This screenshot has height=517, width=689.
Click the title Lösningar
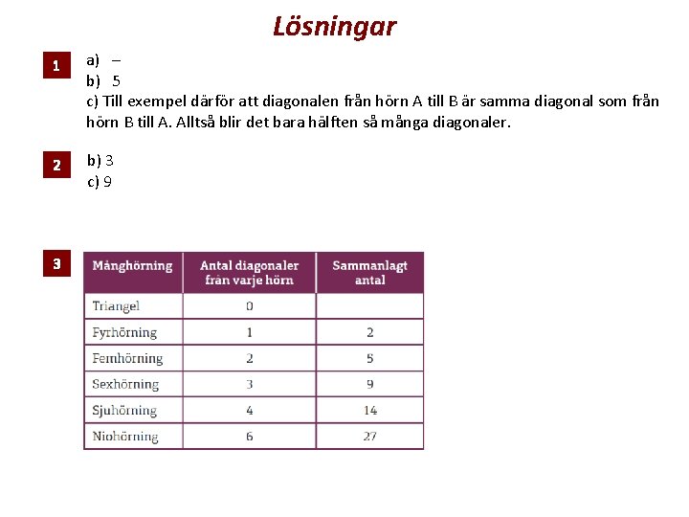(x=334, y=26)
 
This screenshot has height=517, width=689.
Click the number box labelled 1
(x=56, y=66)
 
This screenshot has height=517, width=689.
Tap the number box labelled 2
(x=56, y=166)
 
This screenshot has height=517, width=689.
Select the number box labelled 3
(x=56, y=263)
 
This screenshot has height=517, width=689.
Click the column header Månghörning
(x=132, y=265)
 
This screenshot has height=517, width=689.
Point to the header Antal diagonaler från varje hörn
(x=249, y=272)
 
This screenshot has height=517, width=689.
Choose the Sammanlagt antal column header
(x=369, y=272)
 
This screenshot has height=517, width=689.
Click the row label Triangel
(x=116, y=306)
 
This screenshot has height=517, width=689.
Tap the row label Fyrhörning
(x=124, y=332)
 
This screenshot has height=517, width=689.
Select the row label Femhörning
(x=127, y=358)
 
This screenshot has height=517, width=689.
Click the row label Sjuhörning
(x=124, y=410)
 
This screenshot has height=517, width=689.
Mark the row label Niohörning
(x=125, y=436)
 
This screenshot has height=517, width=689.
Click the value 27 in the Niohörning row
(x=369, y=436)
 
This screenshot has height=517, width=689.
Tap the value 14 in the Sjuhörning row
(x=369, y=410)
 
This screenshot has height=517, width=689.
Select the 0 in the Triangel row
(x=250, y=306)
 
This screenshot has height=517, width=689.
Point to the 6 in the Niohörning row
(x=250, y=436)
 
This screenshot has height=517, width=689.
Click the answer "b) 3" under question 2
(x=100, y=160)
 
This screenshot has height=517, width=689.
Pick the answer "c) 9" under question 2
(x=100, y=181)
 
